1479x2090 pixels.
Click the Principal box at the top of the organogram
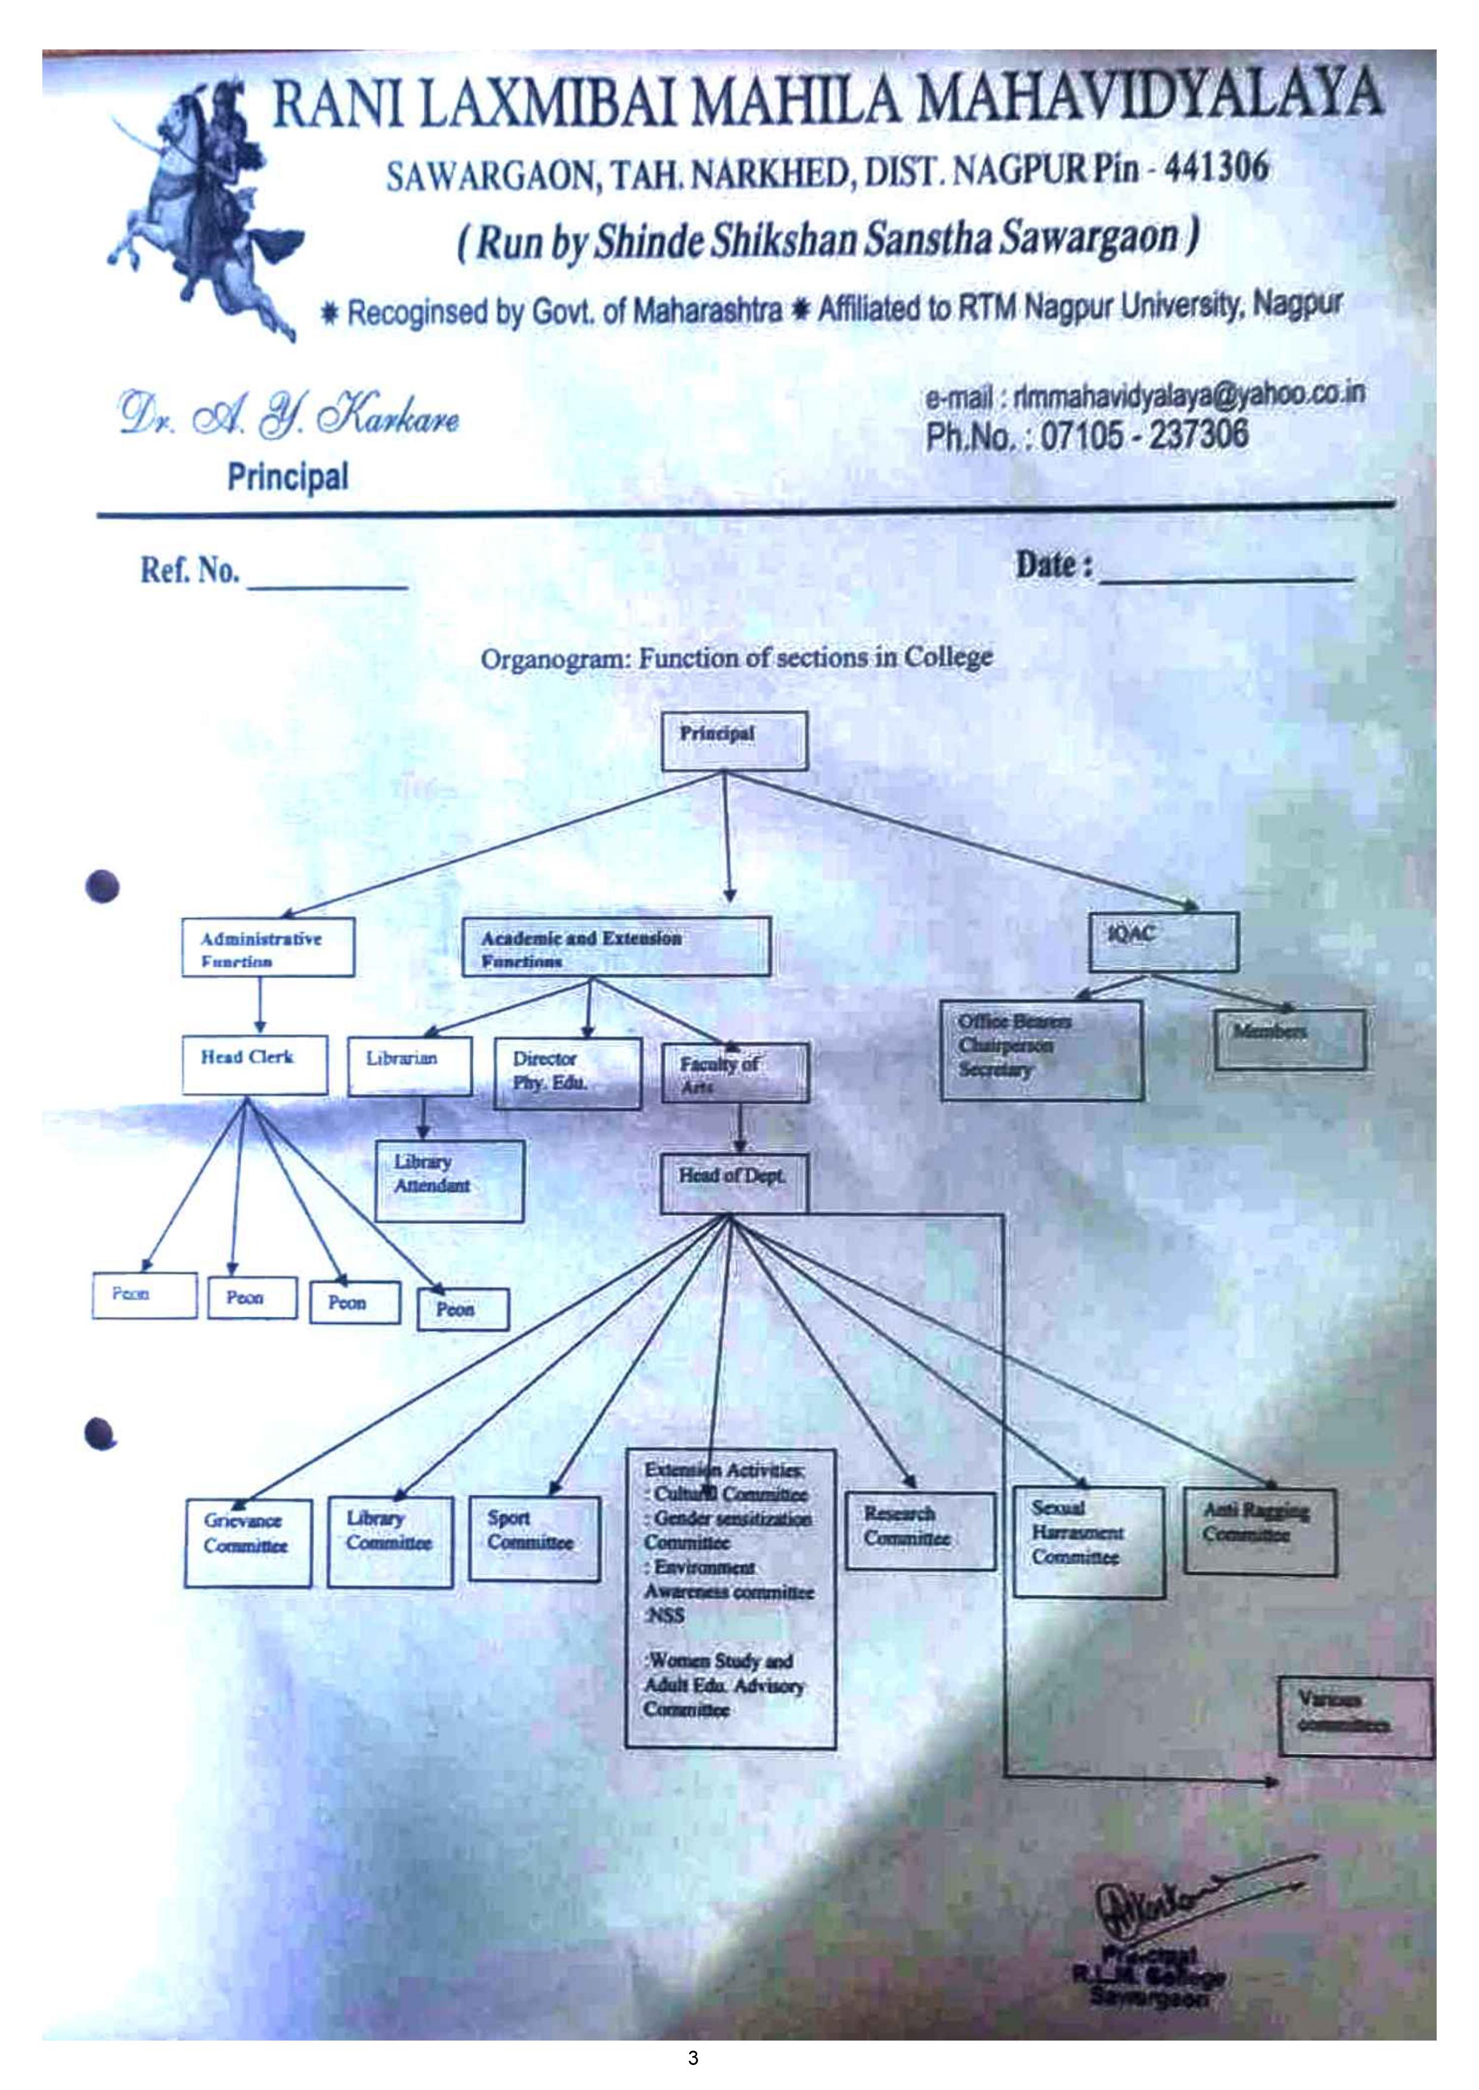pyautogui.click(x=733, y=740)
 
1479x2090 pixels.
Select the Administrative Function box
pyautogui.click(x=267, y=948)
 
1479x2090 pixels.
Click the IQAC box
pyautogui.click(x=1163, y=941)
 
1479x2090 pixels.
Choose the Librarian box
pyautogui.click(x=410, y=1065)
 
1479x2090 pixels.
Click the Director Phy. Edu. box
pyautogui.click(x=566, y=1073)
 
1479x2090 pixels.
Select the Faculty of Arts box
pyautogui.click(x=733, y=1074)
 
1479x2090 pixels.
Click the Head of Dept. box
pyautogui.click(x=733, y=1183)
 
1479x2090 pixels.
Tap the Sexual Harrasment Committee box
pyautogui.click(x=1089, y=1542)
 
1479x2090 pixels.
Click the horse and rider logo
pyautogui.click(x=205, y=205)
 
